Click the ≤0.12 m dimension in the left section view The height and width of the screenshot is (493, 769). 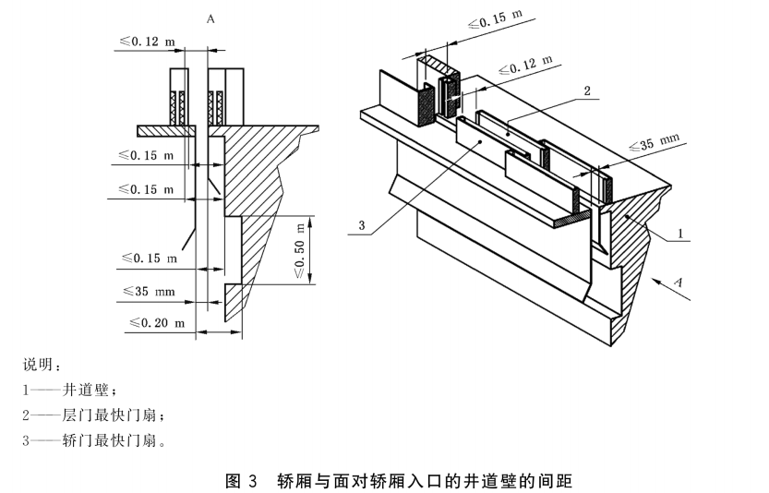coord(147,41)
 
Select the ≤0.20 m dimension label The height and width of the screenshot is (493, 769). coord(150,323)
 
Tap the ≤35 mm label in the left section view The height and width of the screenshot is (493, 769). coord(147,291)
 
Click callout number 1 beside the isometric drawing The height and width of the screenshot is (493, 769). coord(680,234)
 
